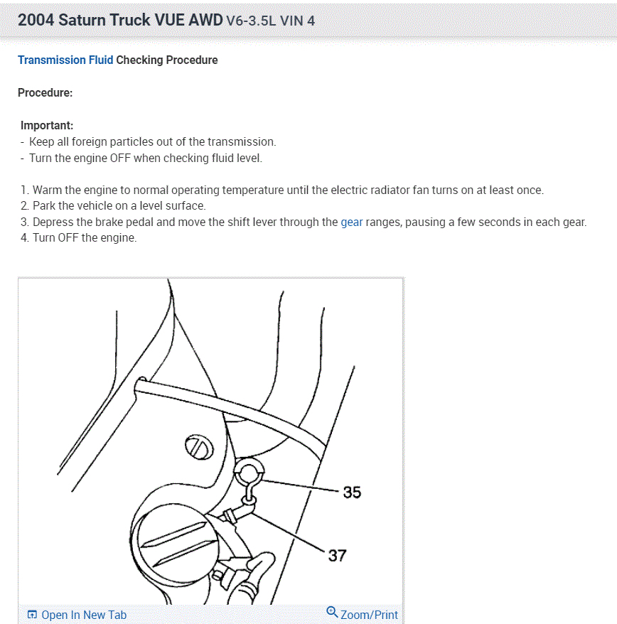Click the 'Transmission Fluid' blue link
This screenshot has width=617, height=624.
point(65,60)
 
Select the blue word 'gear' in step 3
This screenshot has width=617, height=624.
point(352,222)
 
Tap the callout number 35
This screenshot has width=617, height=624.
point(352,492)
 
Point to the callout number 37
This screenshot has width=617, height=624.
point(337,554)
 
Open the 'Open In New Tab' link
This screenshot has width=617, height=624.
point(83,615)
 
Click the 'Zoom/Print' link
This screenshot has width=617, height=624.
point(369,615)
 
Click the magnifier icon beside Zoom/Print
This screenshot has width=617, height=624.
point(332,612)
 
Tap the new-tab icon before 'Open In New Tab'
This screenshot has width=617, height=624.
point(32,615)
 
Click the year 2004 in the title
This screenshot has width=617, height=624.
point(36,20)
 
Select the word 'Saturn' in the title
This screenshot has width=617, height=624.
point(83,20)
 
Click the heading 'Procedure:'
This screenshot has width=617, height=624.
point(45,93)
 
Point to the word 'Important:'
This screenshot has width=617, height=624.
point(47,126)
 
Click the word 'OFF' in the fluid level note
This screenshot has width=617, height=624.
point(119,158)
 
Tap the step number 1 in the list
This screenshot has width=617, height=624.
point(25,190)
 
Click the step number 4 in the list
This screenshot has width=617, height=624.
point(25,237)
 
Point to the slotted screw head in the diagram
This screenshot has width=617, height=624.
point(198,448)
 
